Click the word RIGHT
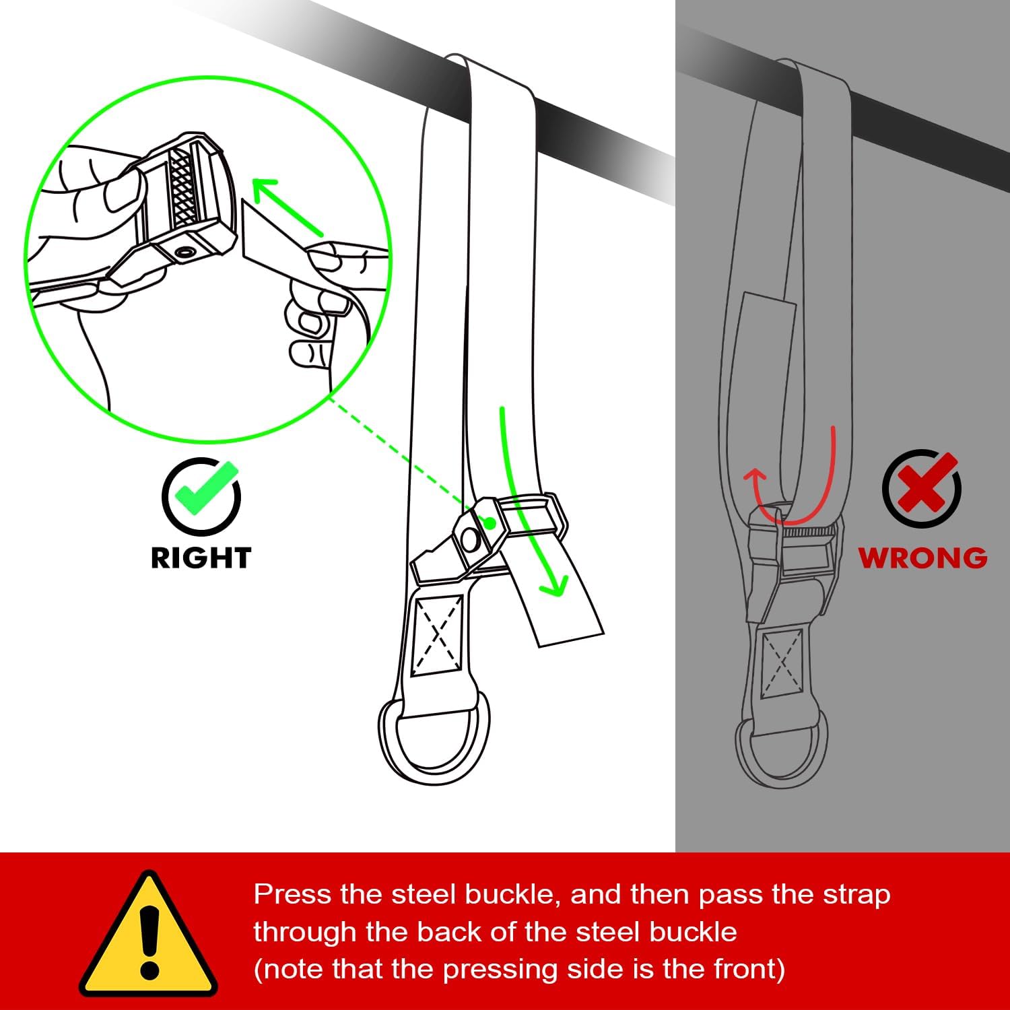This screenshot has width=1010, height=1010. pyautogui.click(x=201, y=558)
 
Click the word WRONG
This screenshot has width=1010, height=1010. pyautogui.click(x=922, y=558)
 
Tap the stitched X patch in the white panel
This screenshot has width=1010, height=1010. pyautogui.click(x=437, y=635)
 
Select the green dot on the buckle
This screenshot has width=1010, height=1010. pyautogui.click(x=490, y=523)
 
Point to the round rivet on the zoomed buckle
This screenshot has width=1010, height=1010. pyautogui.click(x=183, y=252)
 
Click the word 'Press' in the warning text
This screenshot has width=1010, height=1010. pyautogui.click(x=292, y=895)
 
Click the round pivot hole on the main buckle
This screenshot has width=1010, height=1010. pyautogui.click(x=469, y=538)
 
